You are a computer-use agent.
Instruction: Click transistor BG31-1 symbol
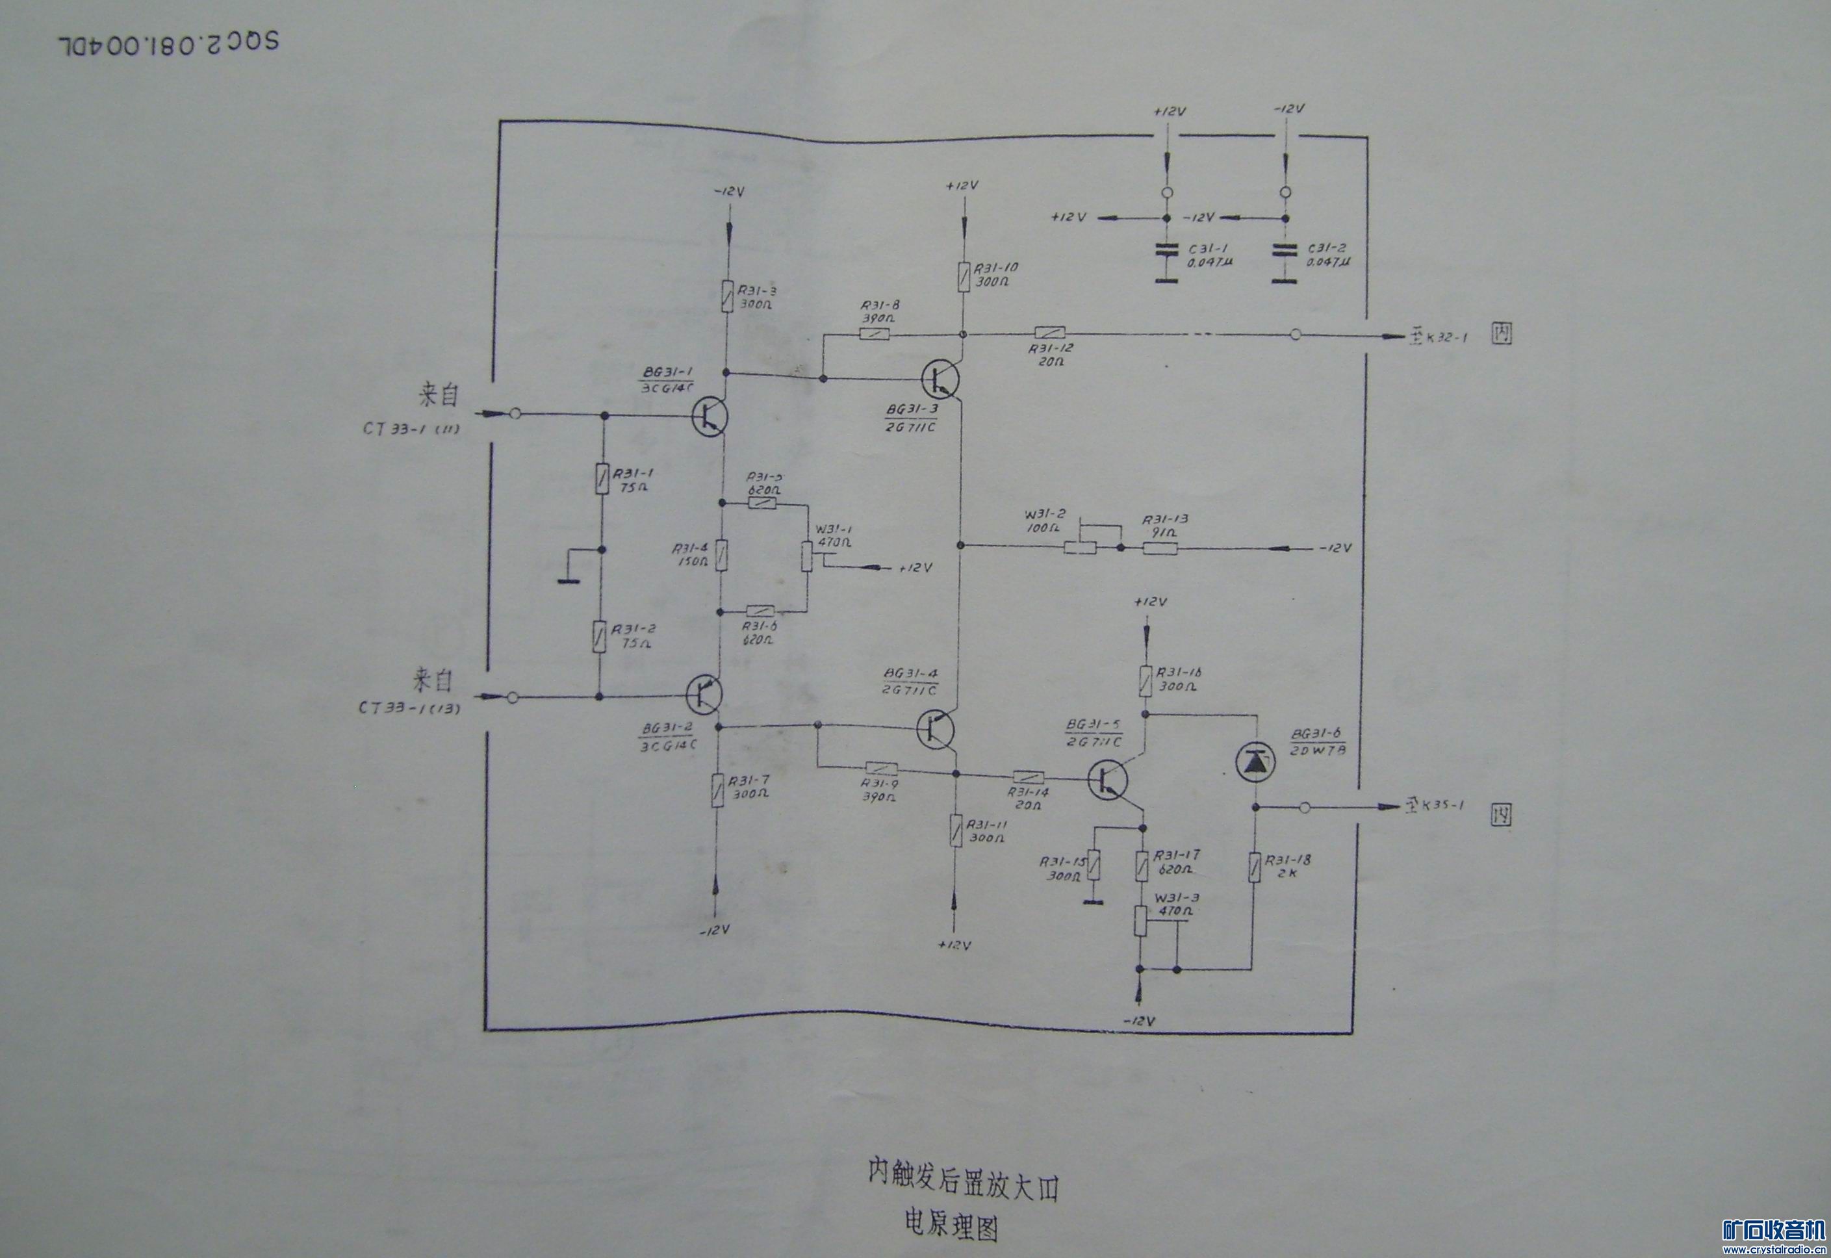[x=710, y=416]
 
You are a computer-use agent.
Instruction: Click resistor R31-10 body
[x=963, y=277]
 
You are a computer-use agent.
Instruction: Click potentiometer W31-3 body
[x=1140, y=921]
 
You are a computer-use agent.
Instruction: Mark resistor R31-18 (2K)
[x=1254, y=867]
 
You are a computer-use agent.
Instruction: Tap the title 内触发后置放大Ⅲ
[x=963, y=1188]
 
